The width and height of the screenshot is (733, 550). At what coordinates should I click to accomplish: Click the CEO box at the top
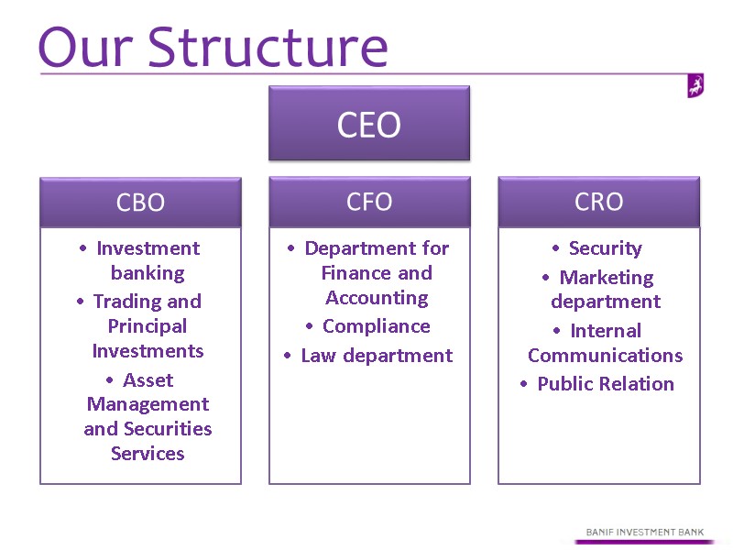(x=368, y=124)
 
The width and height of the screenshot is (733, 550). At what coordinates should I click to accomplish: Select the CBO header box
(x=140, y=203)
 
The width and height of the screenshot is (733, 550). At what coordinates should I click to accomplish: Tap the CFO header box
(x=369, y=202)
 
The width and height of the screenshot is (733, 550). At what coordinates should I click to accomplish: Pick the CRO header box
(x=598, y=202)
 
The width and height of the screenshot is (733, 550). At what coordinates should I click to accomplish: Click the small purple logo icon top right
(x=695, y=86)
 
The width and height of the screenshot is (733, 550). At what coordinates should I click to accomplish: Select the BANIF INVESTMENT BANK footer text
(x=650, y=532)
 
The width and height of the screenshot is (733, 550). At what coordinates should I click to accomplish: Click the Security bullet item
(x=605, y=248)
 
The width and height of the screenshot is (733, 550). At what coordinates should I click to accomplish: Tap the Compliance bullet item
(x=376, y=326)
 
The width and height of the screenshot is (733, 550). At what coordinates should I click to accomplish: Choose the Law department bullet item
(x=377, y=356)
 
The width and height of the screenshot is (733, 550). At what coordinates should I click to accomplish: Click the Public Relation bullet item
(x=605, y=384)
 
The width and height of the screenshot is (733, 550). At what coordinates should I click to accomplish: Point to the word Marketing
(x=607, y=278)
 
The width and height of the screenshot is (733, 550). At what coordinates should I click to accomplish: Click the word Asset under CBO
(x=148, y=380)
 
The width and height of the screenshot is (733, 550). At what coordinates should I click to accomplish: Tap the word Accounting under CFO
(x=377, y=298)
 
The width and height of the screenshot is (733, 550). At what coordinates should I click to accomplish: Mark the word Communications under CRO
(x=606, y=356)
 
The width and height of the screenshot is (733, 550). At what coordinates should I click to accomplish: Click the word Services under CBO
(x=148, y=454)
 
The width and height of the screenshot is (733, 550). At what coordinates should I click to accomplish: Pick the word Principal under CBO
(x=148, y=326)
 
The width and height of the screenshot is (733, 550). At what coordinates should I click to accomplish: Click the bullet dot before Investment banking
(x=83, y=248)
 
